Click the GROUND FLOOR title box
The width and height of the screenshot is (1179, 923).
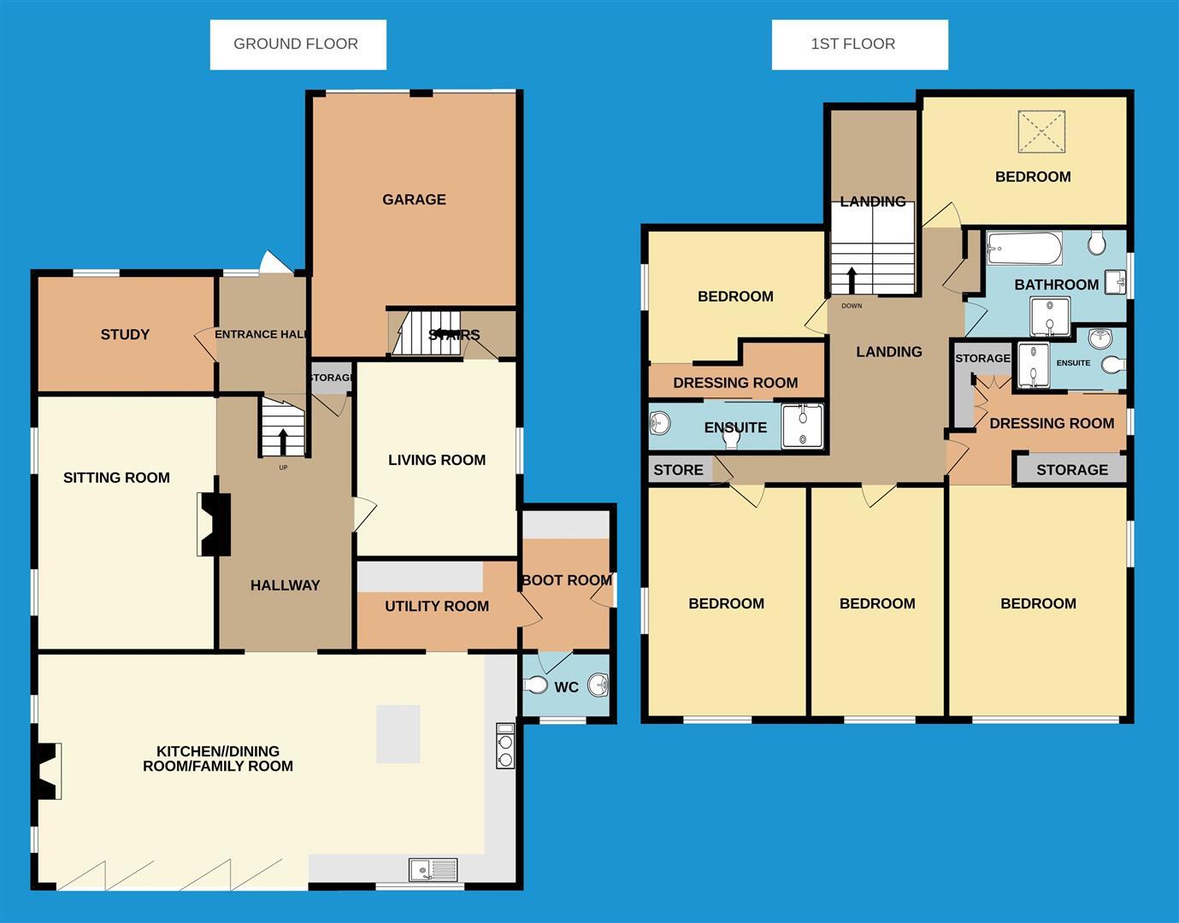pyautogui.click(x=298, y=44)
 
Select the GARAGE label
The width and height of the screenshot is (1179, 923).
pyautogui.click(x=414, y=199)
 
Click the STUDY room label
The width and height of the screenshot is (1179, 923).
pyautogui.click(x=125, y=334)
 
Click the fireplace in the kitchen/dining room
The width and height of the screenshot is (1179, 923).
pyautogui.click(x=48, y=771)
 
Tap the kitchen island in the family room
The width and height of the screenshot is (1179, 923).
pyautogui.click(x=398, y=733)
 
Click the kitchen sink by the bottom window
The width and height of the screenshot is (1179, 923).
pyautogui.click(x=433, y=870)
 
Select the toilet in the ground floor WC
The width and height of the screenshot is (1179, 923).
pyautogui.click(x=535, y=685)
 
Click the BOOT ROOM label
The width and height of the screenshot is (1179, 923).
pyautogui.click(x=566, y=580)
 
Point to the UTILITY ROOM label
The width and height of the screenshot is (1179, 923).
pyautogui.click(x=436, y=606)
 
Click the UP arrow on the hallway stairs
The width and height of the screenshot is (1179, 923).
pyautogui.click(x=283, y=441)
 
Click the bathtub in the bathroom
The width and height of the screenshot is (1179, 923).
pyautogui.click(x=1023, y=250)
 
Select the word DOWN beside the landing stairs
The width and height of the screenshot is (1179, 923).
pyautogui.click(x=852, y=306)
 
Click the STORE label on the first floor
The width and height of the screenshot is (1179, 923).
pyautogui.click(x=678, y=470)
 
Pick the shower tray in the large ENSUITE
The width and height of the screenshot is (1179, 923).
pyautogui.click(x=803, y=426)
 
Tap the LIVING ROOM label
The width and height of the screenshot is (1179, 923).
pyautogui.click(x=436, y=460)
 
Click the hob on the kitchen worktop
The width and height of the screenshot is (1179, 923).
pyautogui.click(x=505, y=747)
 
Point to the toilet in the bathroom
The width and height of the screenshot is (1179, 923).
pyautogui.click(x=1097, y=245)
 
